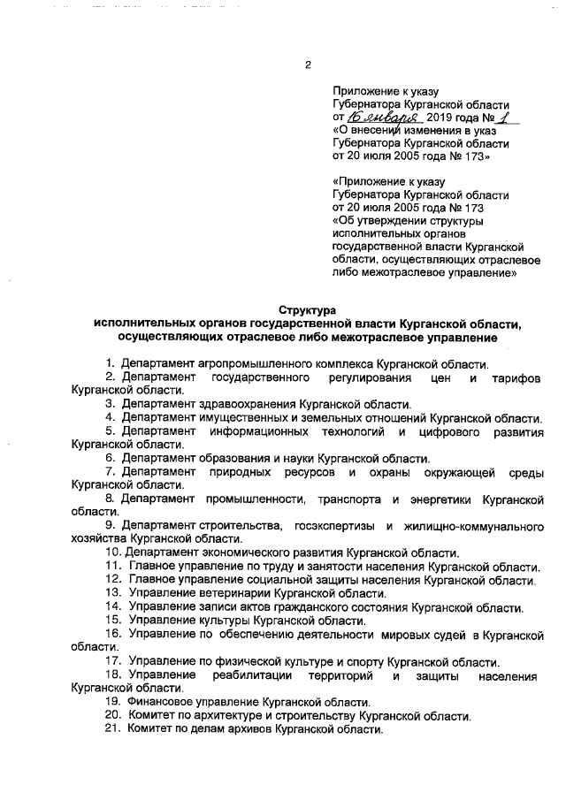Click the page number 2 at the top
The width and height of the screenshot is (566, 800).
309,65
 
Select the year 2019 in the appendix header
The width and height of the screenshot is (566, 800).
444,117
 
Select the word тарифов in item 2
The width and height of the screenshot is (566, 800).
515,377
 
